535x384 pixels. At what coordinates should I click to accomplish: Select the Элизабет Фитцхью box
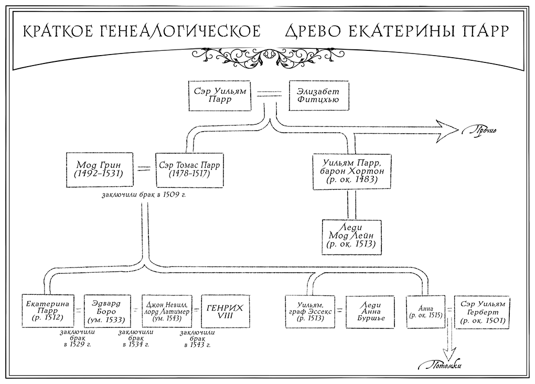click(x=314, y=95)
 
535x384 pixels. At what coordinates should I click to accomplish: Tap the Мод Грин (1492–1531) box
click(x=100, y=170)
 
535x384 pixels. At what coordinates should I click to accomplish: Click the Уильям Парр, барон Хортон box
click(x=350, y=170)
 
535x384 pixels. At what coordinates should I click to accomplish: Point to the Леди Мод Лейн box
click(x=350, y=236)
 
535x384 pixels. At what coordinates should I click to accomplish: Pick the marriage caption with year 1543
click(x=195, y=339)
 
